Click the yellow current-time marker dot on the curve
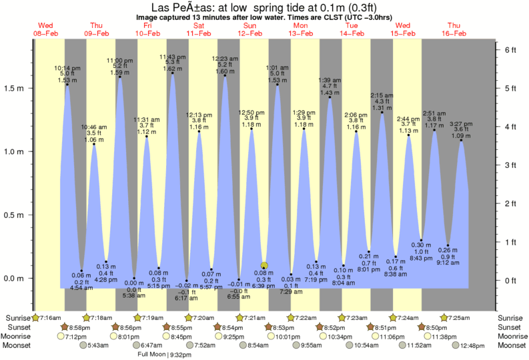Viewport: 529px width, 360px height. pyautogui.click(x=264, y=265)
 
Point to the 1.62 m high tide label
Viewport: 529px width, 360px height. pyautogui.click(x=172, y=69)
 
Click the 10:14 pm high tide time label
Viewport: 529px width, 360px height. pyautogui.click(x=67, y=68)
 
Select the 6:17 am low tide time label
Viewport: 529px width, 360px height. pyautogui.click(x=187, y=298)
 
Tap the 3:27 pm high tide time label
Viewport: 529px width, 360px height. pyautogui.click(x=460, y=123)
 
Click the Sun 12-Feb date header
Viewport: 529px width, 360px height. pyautogui.click(x=250, y=29)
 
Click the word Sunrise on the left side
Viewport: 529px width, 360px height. pyautogui.click(x=17, y=317)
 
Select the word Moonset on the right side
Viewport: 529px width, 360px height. pyautogui.click(x=512, y=345)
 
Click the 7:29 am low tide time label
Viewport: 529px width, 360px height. pyautogui.click(x=292, y=291)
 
